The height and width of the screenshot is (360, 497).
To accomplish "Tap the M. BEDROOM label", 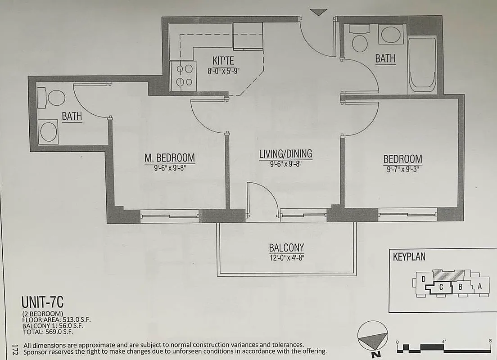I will (x=169, y=158).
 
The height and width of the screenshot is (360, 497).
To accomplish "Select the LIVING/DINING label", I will (x=285, y=154).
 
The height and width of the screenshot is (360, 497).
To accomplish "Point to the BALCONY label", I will (x=286, y=247).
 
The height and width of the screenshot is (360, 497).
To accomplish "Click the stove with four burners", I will (x=184, y=75).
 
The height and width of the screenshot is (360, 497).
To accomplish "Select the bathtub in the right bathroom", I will (x=422, y=65).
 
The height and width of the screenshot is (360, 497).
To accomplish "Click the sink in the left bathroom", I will (x=48, y=132).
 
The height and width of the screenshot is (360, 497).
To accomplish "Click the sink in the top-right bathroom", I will (x=390, y=34).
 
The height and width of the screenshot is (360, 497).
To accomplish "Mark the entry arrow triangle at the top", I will (x=318, y=12).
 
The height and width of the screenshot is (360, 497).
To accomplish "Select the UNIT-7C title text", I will (x=45, y=301).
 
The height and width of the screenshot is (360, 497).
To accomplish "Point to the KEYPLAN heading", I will (x=409, y=257).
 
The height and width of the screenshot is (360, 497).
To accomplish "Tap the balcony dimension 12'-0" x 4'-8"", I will (x=286, y=258).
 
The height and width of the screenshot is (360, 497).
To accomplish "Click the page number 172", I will (x=15, y=349).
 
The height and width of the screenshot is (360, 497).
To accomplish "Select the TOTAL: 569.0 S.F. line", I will (x=47, y=332).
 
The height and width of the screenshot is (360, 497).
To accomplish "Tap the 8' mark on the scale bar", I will (x=490, y=341).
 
